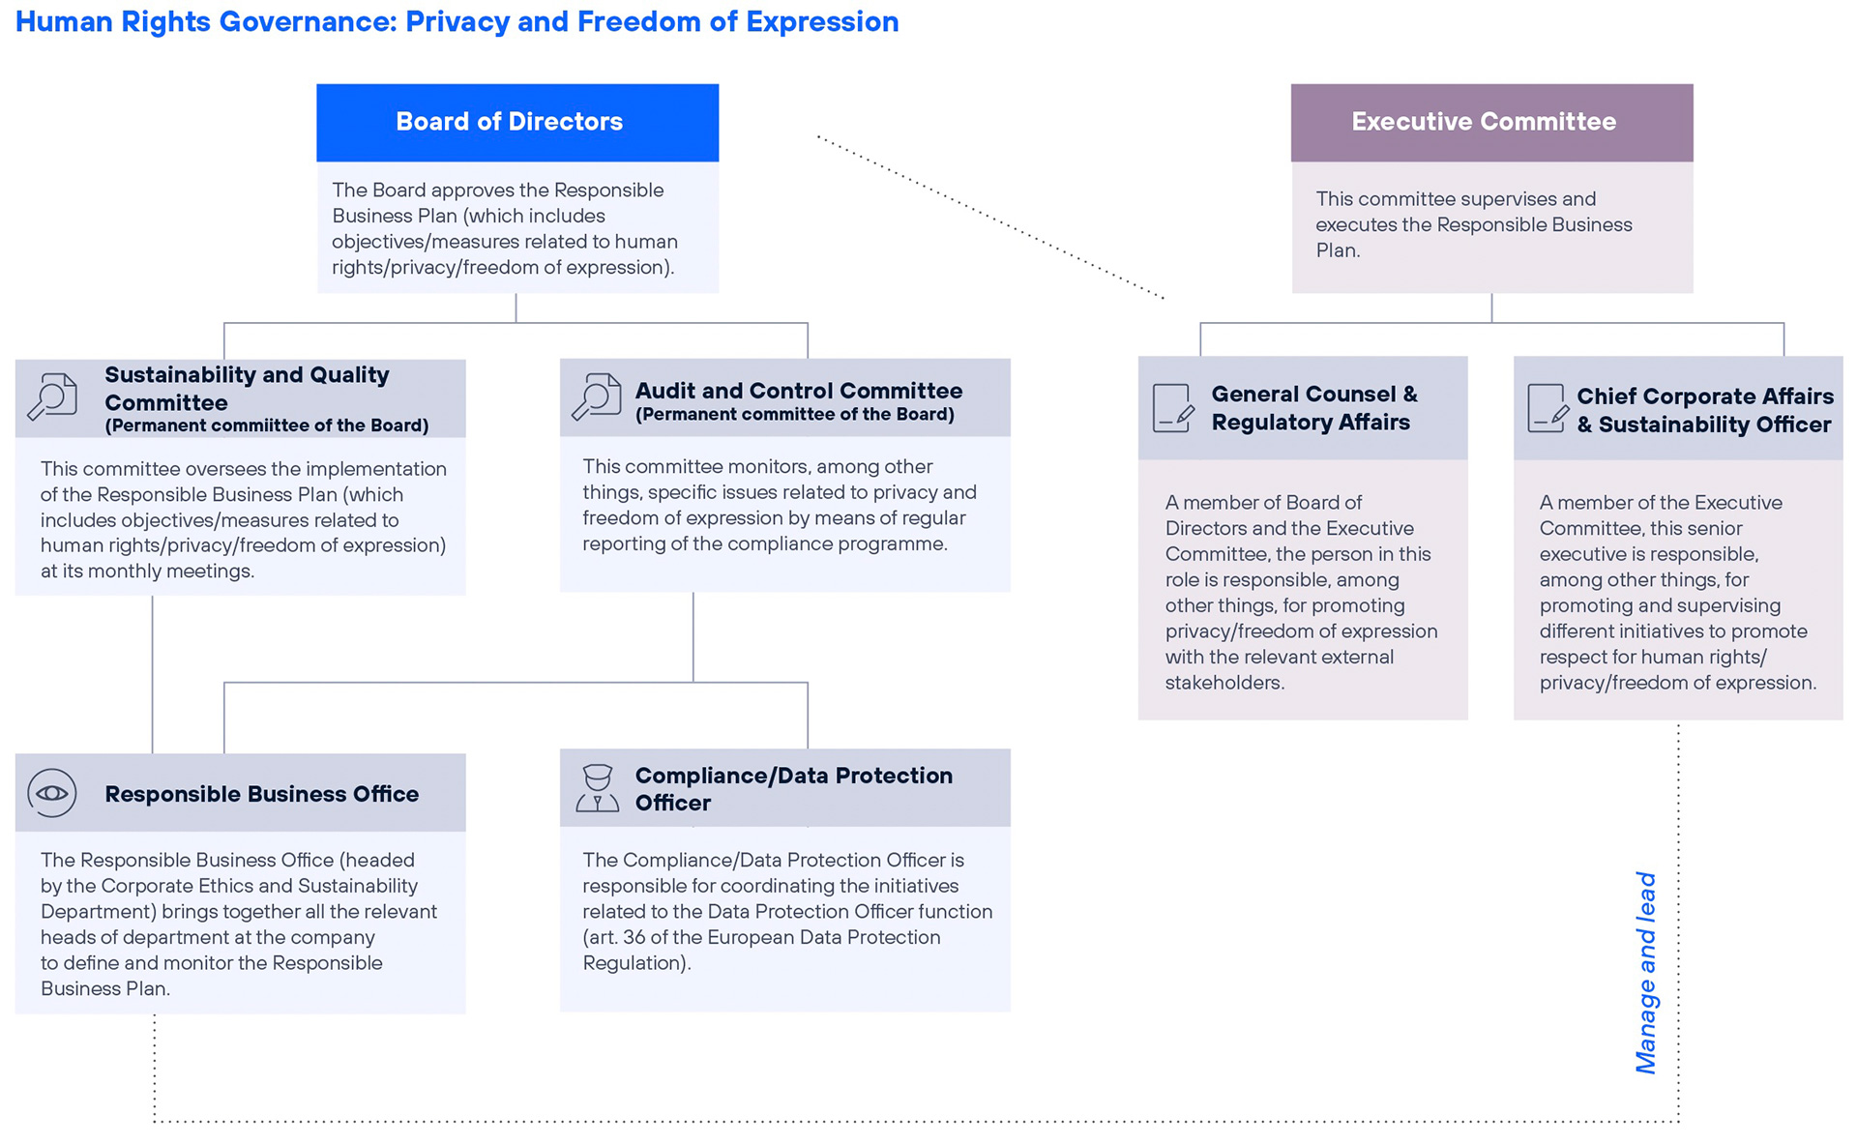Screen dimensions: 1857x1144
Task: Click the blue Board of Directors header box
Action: tap(517, 122)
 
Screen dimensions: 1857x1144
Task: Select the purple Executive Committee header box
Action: tap(1491, 122)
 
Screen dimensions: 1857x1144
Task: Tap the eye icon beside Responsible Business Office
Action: tap(52, 793)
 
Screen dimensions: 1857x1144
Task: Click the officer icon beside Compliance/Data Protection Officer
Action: tap(598, 788)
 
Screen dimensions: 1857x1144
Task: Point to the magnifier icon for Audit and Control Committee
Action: tap(597, 396)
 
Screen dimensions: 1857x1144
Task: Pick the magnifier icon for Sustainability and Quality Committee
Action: tap(52, 396)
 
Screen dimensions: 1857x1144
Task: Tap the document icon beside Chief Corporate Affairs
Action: tap(1547, 408)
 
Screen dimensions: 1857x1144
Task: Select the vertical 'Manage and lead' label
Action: tap(1646, 973)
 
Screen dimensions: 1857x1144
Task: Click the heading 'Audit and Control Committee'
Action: tap(799, 391)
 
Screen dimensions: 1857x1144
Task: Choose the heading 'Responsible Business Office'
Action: tap(262, 794)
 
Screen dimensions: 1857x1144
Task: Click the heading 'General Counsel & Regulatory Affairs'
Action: tap(1314, 408)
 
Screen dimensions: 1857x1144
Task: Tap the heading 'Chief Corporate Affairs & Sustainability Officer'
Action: tap(1705, 410)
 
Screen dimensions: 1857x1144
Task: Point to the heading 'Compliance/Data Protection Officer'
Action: tap(794, 789)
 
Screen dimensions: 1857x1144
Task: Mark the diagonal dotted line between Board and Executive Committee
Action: tap(990, 218)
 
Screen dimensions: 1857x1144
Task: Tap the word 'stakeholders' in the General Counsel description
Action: tap(1224, 683)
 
